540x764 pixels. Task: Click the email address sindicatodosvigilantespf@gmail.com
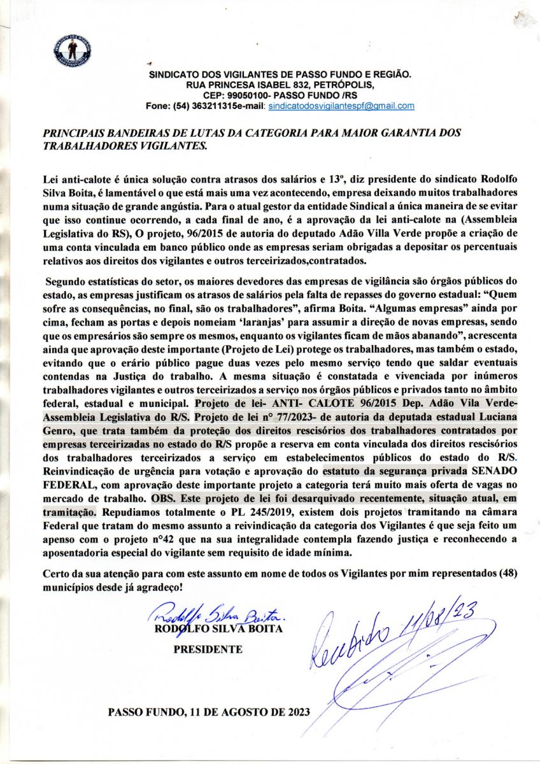(x=341, y=106)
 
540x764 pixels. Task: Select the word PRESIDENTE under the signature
(x=208, y=649)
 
